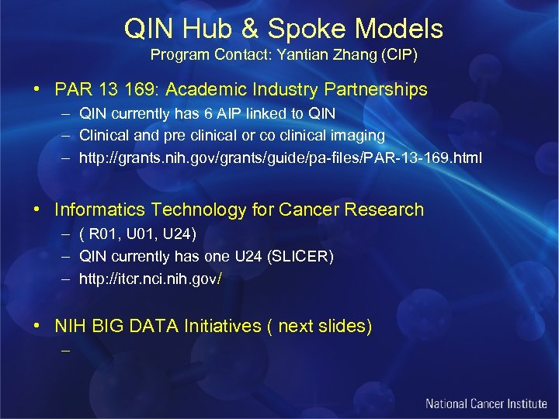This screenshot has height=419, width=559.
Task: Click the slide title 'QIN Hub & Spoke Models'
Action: [x=283, y=29]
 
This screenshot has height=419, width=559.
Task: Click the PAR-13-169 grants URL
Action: [x=280, y=158]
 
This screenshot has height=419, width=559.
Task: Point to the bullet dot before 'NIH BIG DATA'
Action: [x=36, y=326]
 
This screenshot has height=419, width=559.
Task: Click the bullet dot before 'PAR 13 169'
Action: [x=36, y=90]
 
